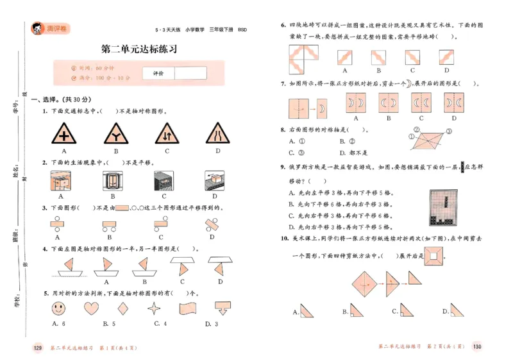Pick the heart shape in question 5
click(92, 308)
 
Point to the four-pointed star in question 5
click(153, 308)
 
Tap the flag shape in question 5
click(187, 307)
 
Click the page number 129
click(37, 348)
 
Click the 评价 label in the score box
click(158, 74)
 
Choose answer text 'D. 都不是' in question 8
click(354, 153)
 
